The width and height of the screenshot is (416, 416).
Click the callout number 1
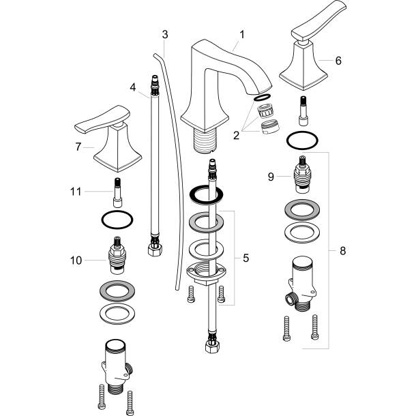click(241, 33)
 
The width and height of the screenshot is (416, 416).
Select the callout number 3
click(165, 34)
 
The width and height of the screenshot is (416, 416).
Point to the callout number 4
click(134, 86)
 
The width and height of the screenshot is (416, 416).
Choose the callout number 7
click(79, 146)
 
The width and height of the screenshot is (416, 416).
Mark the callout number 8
click(342, 250)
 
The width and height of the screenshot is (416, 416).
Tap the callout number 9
click(271, 177)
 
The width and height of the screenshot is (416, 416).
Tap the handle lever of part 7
click(95, 123)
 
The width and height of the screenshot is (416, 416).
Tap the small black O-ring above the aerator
click(260, 98)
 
